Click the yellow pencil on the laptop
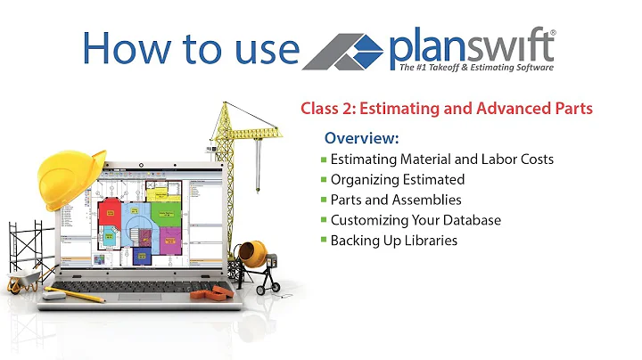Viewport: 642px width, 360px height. point(75,293)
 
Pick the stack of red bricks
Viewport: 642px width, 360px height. point(213,291)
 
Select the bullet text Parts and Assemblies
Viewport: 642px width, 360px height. point(396,200)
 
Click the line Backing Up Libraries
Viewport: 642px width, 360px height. point(394,241)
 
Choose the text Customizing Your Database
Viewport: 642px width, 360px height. point(416,220)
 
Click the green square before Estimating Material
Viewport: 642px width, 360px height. point(324,160)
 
